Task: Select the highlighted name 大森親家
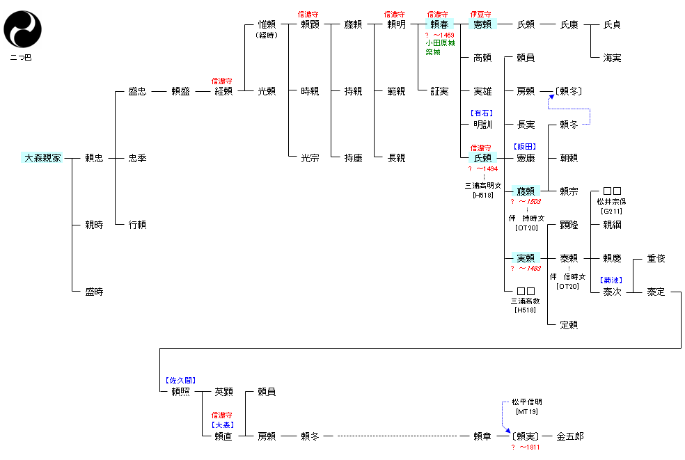pyautogui.click(x=43, y=158)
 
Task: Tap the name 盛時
pyautogui.click(x=94, y=292)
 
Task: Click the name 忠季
pyautogui.click(x=137, y=158)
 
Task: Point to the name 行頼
pyautogui.click(x=137, y=225)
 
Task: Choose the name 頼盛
pyautogui.click(x=180, y=91)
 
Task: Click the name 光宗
pyautogui.click(x=310, y=158)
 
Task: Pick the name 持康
pyautogui.click(x=353, y=158)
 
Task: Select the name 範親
pyautogui.click(x=396, y=91)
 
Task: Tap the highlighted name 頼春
pyautogui.click(x=439, y=24)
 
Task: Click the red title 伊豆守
pyautogui.click(x=482, y=14)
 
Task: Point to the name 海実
pyautogui.click(x=612, y=58)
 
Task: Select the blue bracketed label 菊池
pyautogui.click(x=612, y=280)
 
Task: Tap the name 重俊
pyautogui.click(x=656, y=258)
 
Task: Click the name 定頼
pyautogui.click(x=569, y=325)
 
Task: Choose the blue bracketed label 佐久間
pyautogui.click(x=180, y=381)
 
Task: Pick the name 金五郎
pyautogui.click(x=570, y=436)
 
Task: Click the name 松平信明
pyautogui.click(x=526, y=402)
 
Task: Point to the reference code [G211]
pyautogui.click(x=612, y=211)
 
